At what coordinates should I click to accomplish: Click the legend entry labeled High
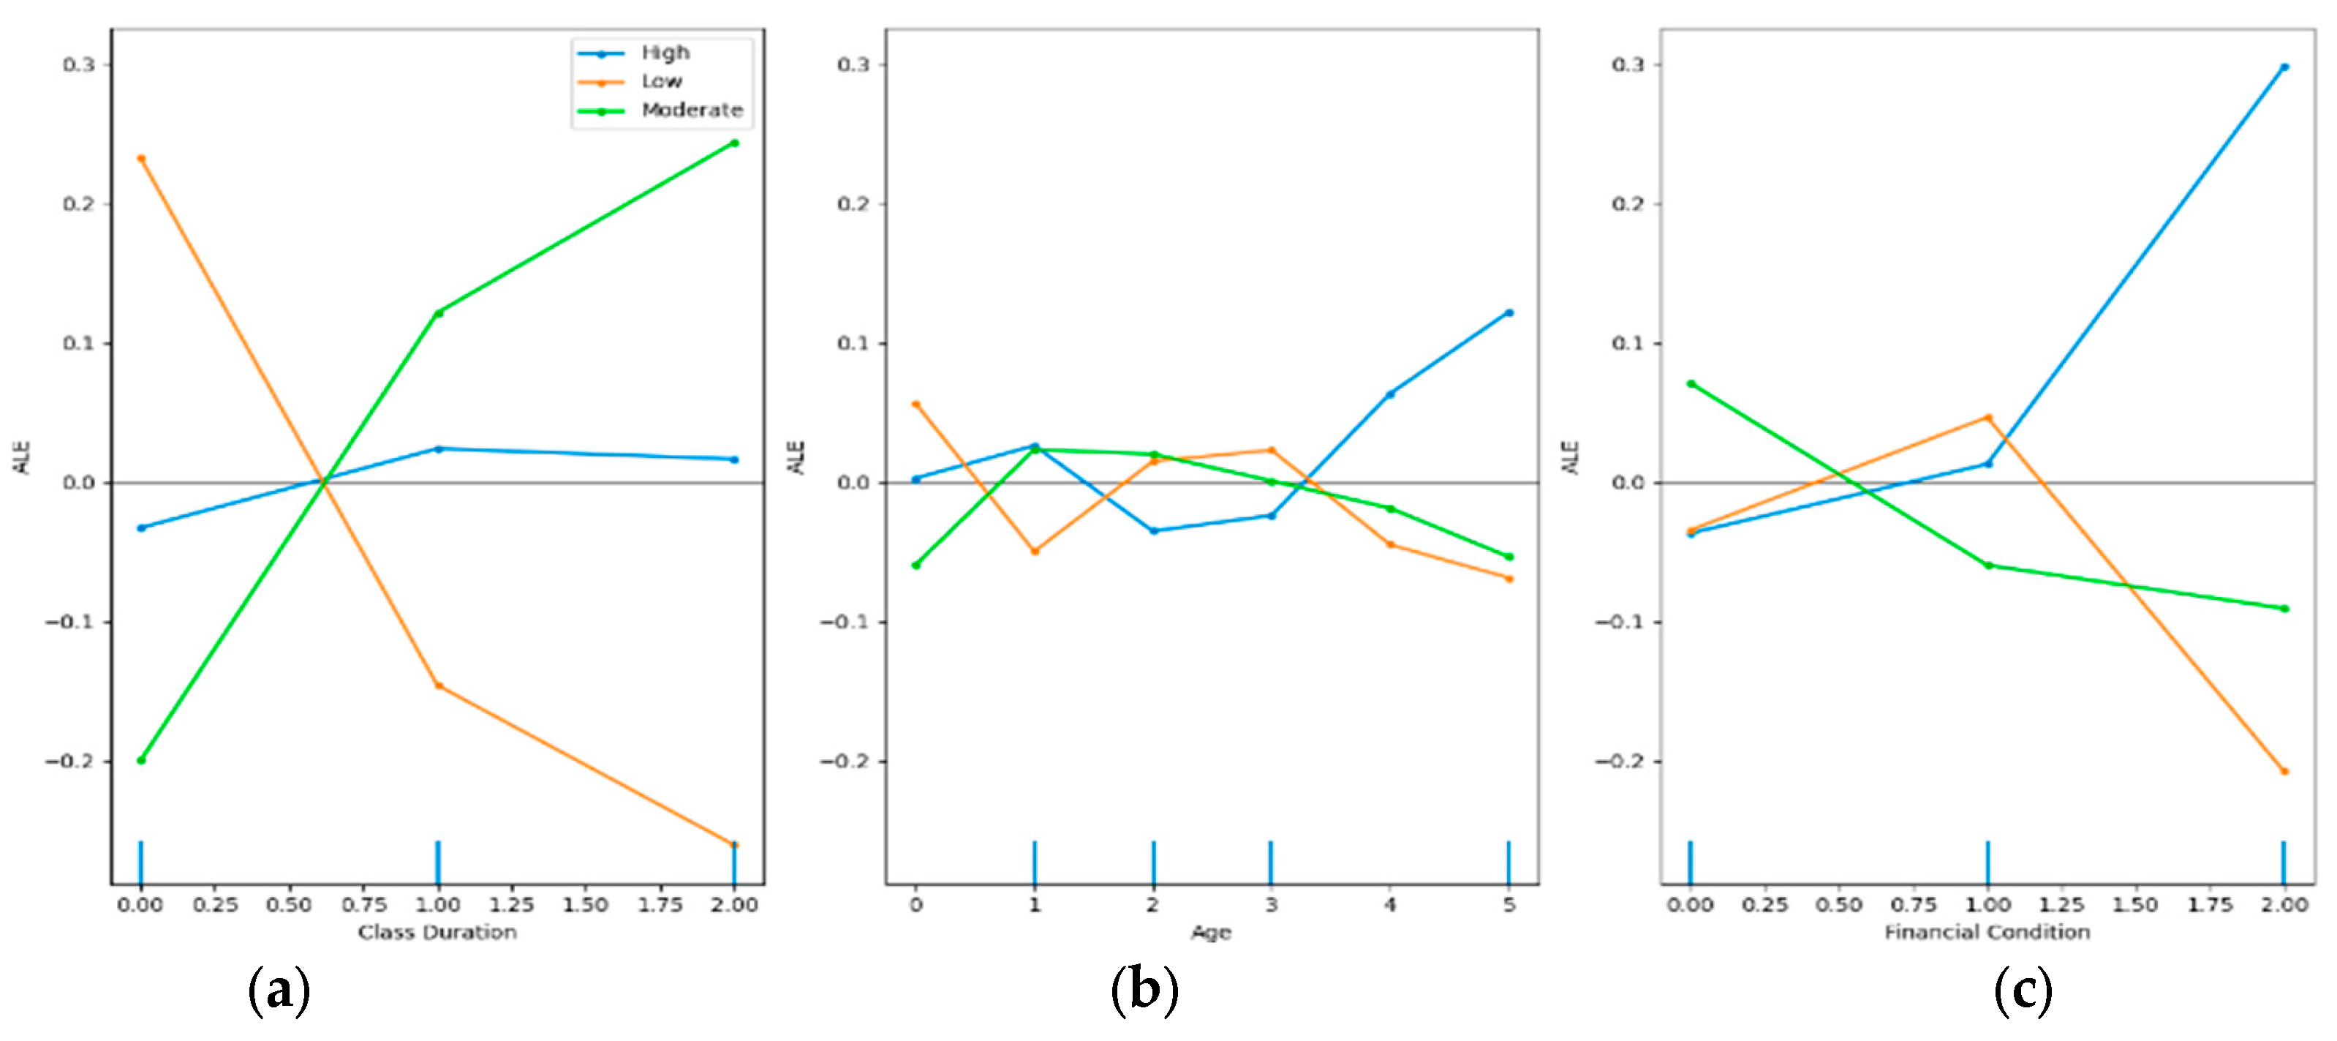(x=665, y=53)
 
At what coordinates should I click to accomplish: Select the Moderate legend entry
(x=691, y=110)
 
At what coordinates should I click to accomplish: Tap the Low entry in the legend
(x=661, y=82)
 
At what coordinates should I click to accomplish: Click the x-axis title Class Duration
(x=437, y=932)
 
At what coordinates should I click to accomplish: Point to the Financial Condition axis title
(x=1987, y=932)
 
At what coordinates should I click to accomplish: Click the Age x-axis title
(x=1211, y=932)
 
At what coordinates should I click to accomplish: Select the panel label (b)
(x=1144, y=991)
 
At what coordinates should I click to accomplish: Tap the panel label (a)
(x=279, y=991)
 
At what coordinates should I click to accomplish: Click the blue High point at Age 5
(x=1509, y=312)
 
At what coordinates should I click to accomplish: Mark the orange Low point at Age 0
(x=915, y=404)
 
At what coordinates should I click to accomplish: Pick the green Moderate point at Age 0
(x=915, y=565)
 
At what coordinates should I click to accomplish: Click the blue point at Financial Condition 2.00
(x=2284, y=67)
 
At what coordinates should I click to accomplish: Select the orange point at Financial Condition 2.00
(x=2284, y=772)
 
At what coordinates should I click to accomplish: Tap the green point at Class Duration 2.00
(x=734, y=143)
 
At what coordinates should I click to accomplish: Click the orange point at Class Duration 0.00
(x=140, y=158)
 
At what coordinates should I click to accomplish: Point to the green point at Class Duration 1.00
(x=438, y=313)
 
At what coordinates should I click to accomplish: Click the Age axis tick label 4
(x=1390, y=905)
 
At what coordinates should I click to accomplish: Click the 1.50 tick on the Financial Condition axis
(x=2136, y=905)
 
